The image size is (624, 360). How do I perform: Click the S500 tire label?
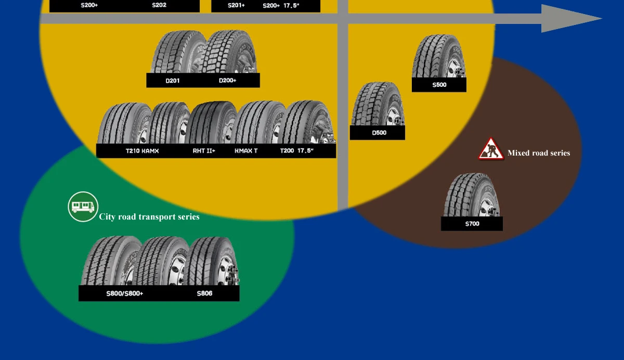[x=439, y=85]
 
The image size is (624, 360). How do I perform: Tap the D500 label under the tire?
[x=379, y=133]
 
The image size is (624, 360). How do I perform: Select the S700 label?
[x=472, y=224]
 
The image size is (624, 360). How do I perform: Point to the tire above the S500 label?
[x=438, y=56]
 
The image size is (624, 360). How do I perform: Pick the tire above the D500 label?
[x=378, y=104]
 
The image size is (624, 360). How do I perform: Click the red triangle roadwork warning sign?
[x=491, y=149]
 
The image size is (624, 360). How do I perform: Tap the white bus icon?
[x=83, y=207]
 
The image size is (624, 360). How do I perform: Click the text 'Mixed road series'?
[x=539, y=153]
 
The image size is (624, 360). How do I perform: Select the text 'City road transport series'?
[x=149, y=217]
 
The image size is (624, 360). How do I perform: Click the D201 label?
[x=173, y=81]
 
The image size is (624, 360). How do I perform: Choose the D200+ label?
[x=228, y=81]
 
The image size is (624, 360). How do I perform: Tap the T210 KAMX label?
[x=142, y=151]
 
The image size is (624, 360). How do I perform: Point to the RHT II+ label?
[x=204, y=151]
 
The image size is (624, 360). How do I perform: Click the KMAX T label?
[x=246, y=151]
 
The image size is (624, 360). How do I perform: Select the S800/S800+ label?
[x=125, y=293]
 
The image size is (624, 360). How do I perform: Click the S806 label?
[x=204, y=293]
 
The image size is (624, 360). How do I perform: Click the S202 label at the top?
[x=159, y=5]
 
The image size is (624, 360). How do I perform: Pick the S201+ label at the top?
[x=236, y=6]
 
